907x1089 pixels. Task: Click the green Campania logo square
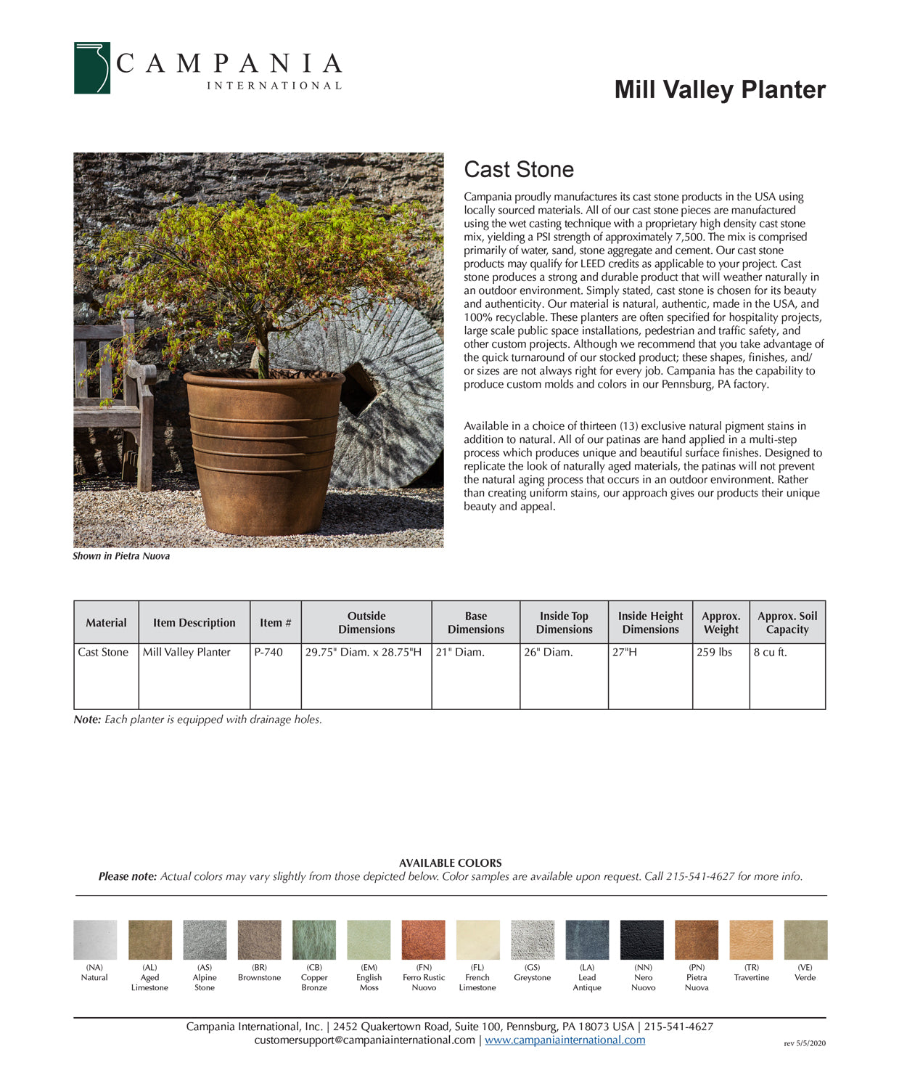[x=92, y=68]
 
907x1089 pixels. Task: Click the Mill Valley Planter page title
[x=719, y=89]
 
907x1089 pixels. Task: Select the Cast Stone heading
[x=519, y=169]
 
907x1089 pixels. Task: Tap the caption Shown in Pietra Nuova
[x=121, y=556]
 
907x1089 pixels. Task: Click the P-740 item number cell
[x=268, y=652]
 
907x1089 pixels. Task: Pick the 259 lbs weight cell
[x=715, y=652]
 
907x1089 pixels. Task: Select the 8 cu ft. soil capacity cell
[x=770, y=652]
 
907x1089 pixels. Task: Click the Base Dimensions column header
[x=475, y=622]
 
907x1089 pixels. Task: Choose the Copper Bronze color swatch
[x=314, y=939]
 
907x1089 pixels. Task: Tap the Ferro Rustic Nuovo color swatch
[x=424, y=939]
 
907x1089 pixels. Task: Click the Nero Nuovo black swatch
[x=642, y=939]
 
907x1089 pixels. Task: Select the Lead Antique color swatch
[x=587, y=939]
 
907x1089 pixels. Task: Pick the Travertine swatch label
[x=751, y=977]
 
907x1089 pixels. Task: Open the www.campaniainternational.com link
[x=565, y=1040]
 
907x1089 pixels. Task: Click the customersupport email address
[x=364, y=1040]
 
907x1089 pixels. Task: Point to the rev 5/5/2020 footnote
[x=805, y=1043]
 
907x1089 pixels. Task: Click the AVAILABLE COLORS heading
[x=450, y=862]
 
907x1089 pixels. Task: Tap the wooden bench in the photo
[x=116, y=399]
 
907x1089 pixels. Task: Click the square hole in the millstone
[x=361, y=388]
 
